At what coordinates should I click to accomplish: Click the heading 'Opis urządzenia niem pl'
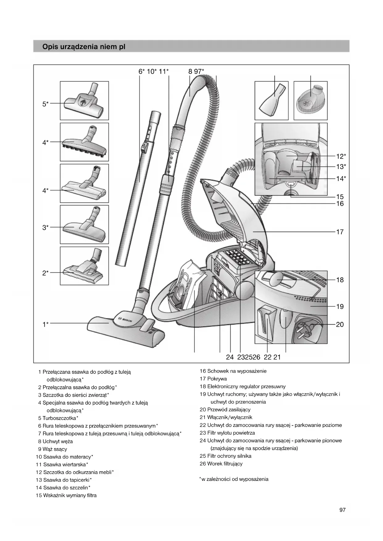[84, 47]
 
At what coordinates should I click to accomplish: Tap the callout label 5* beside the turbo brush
[45, 104]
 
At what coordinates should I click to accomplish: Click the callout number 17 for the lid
[340, 232]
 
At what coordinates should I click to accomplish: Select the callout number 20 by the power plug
[340, 324]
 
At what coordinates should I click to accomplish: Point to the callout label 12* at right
[341, 156]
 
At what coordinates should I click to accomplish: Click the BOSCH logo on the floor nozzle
[125, 320]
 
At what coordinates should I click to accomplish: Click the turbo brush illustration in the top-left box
[84, 101]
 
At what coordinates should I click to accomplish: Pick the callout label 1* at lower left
[45, 324]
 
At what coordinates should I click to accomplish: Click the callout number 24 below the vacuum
[230, 357]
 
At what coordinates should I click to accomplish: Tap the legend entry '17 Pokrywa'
[213, 379]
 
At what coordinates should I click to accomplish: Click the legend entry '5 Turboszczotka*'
[58, 418]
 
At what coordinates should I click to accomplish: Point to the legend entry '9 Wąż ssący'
[53, 449]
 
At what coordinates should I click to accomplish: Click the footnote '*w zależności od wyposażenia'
[234, 479]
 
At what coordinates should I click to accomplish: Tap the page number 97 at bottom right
[343, 510]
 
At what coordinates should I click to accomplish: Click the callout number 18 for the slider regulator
[340, 280]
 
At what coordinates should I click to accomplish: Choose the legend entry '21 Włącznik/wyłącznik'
[226, 417]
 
